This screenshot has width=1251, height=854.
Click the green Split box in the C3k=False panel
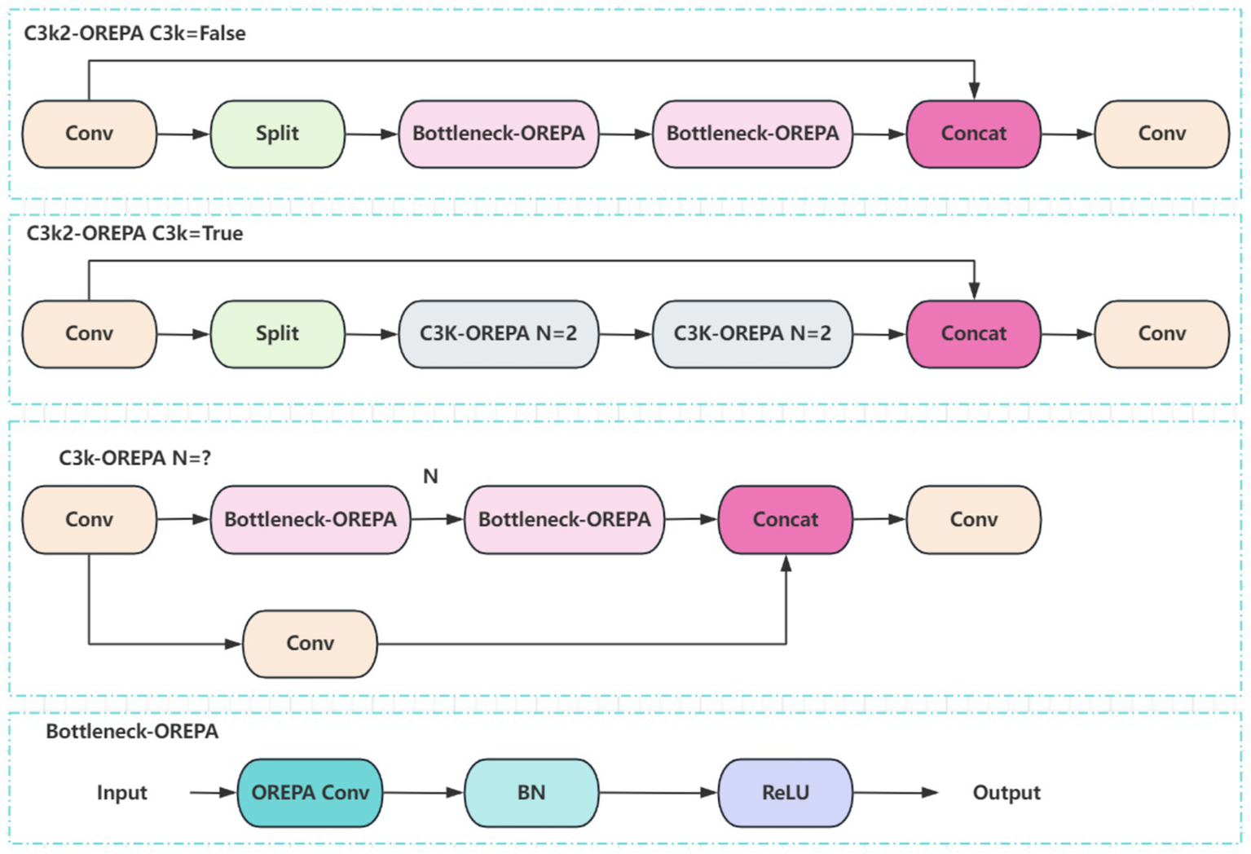pyautogui.click(x=277, y=134)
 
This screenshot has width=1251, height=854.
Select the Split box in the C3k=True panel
pyautogui.click(x=277, y=334)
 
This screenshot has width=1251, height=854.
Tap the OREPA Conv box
pyautogui.click(x=310, y=793)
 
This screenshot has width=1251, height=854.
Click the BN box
pyautogui.click(x=531, y=793)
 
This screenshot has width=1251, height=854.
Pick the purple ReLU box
pyautogui.click(x=785, y=793)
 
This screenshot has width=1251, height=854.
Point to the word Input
pyautogui.click(x=122, y=793)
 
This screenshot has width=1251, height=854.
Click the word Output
pyautogui.click(x=1007, y=793)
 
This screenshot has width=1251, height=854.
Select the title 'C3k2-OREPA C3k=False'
pyautogui.click(x=134, y=33)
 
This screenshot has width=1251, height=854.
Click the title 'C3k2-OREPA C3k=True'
pyautogui.click(x=134, y=234)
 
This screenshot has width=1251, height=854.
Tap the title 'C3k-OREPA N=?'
pyautogui.click(x=134, y=458)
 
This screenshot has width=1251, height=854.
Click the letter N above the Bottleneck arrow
pyautogui.click(x=430, y=477)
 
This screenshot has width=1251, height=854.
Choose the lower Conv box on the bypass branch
pyautogui.click(x=310, y=644)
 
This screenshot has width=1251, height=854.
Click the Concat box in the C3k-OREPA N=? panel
pyautogui.click(x=785, y=520)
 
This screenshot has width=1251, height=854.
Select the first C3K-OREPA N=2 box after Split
pyautogui.click(x=498, y=334)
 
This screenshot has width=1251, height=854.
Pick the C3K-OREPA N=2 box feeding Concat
pyautogui.click(x=751, y=334)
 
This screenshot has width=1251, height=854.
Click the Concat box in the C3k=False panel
pyautogui.click(x=973, y=134)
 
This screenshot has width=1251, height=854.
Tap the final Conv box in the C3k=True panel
pyautogui.click(x=1161, y=334)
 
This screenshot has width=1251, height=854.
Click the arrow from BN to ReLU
pyautogui.click(x=658, y=793)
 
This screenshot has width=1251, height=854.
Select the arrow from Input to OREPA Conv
pyautogui.click(x=213, y=793)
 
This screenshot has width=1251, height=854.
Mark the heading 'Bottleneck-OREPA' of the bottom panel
pyautogui.click(x=132, y=732)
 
